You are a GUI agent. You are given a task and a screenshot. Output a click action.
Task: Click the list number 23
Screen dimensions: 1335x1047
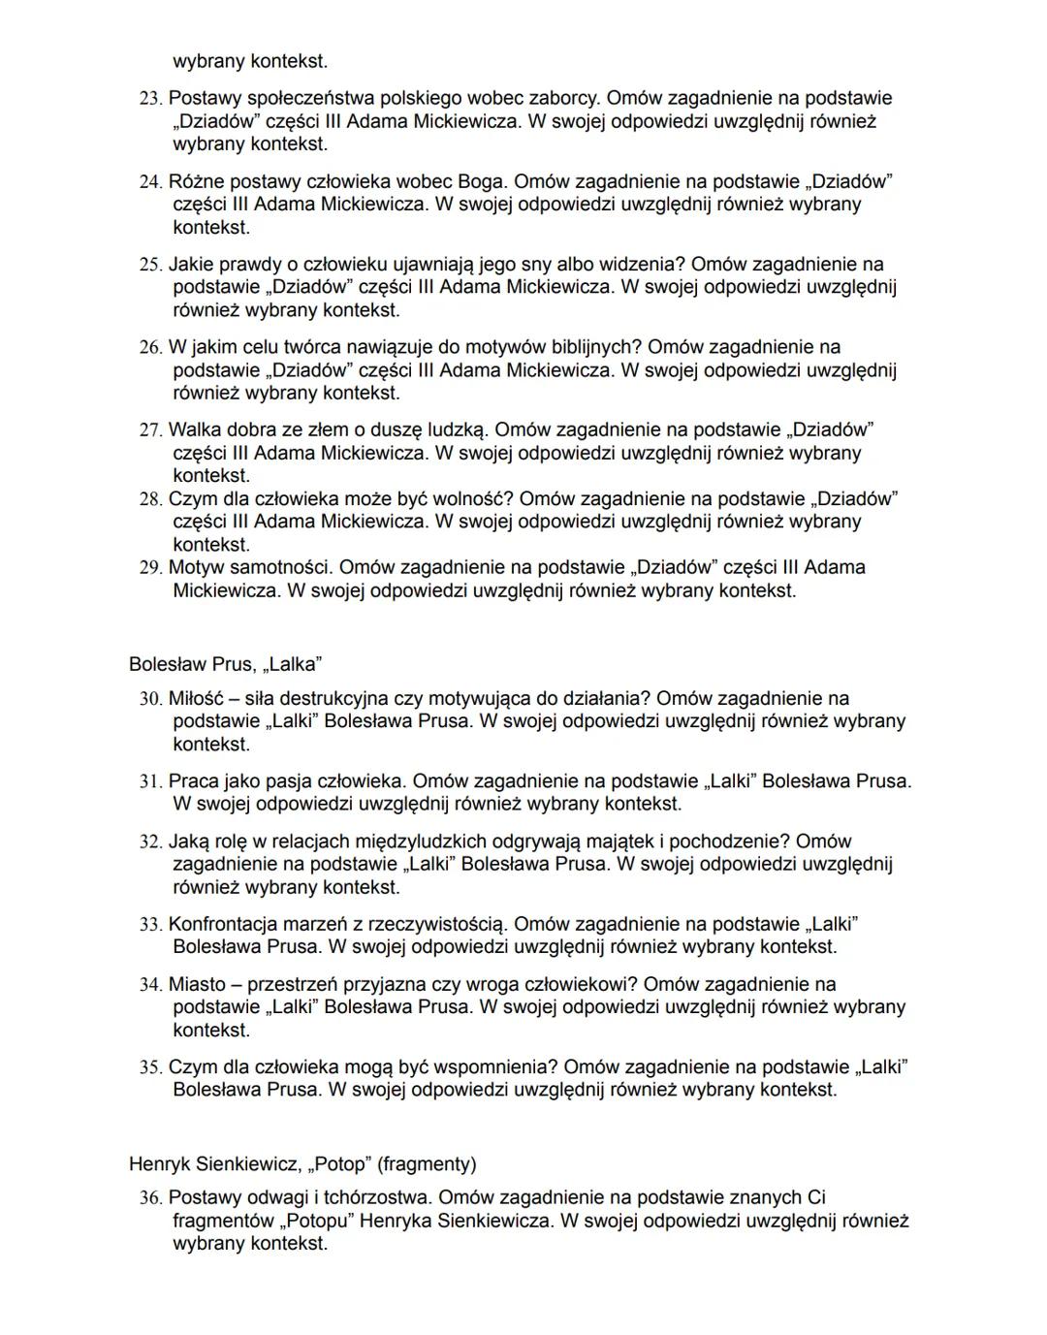tap(150, 99)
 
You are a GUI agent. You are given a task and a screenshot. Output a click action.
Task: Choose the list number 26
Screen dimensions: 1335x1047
tap(150, 348)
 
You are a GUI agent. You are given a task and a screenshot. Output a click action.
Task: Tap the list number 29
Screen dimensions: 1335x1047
tap(150, 568)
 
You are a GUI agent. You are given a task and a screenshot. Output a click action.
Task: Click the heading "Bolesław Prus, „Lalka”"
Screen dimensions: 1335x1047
tap(225, 664)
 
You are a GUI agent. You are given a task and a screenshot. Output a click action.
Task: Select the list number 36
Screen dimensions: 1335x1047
tap(150, 1198)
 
